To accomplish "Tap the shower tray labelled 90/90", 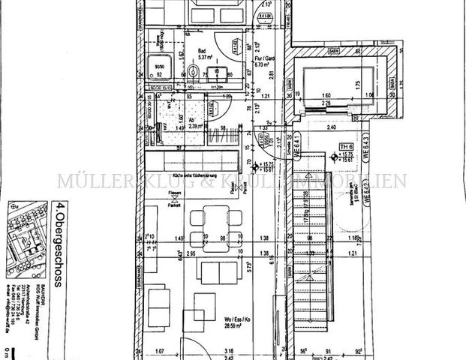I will (160, 70).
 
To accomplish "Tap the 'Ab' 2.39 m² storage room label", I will (194, 123).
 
